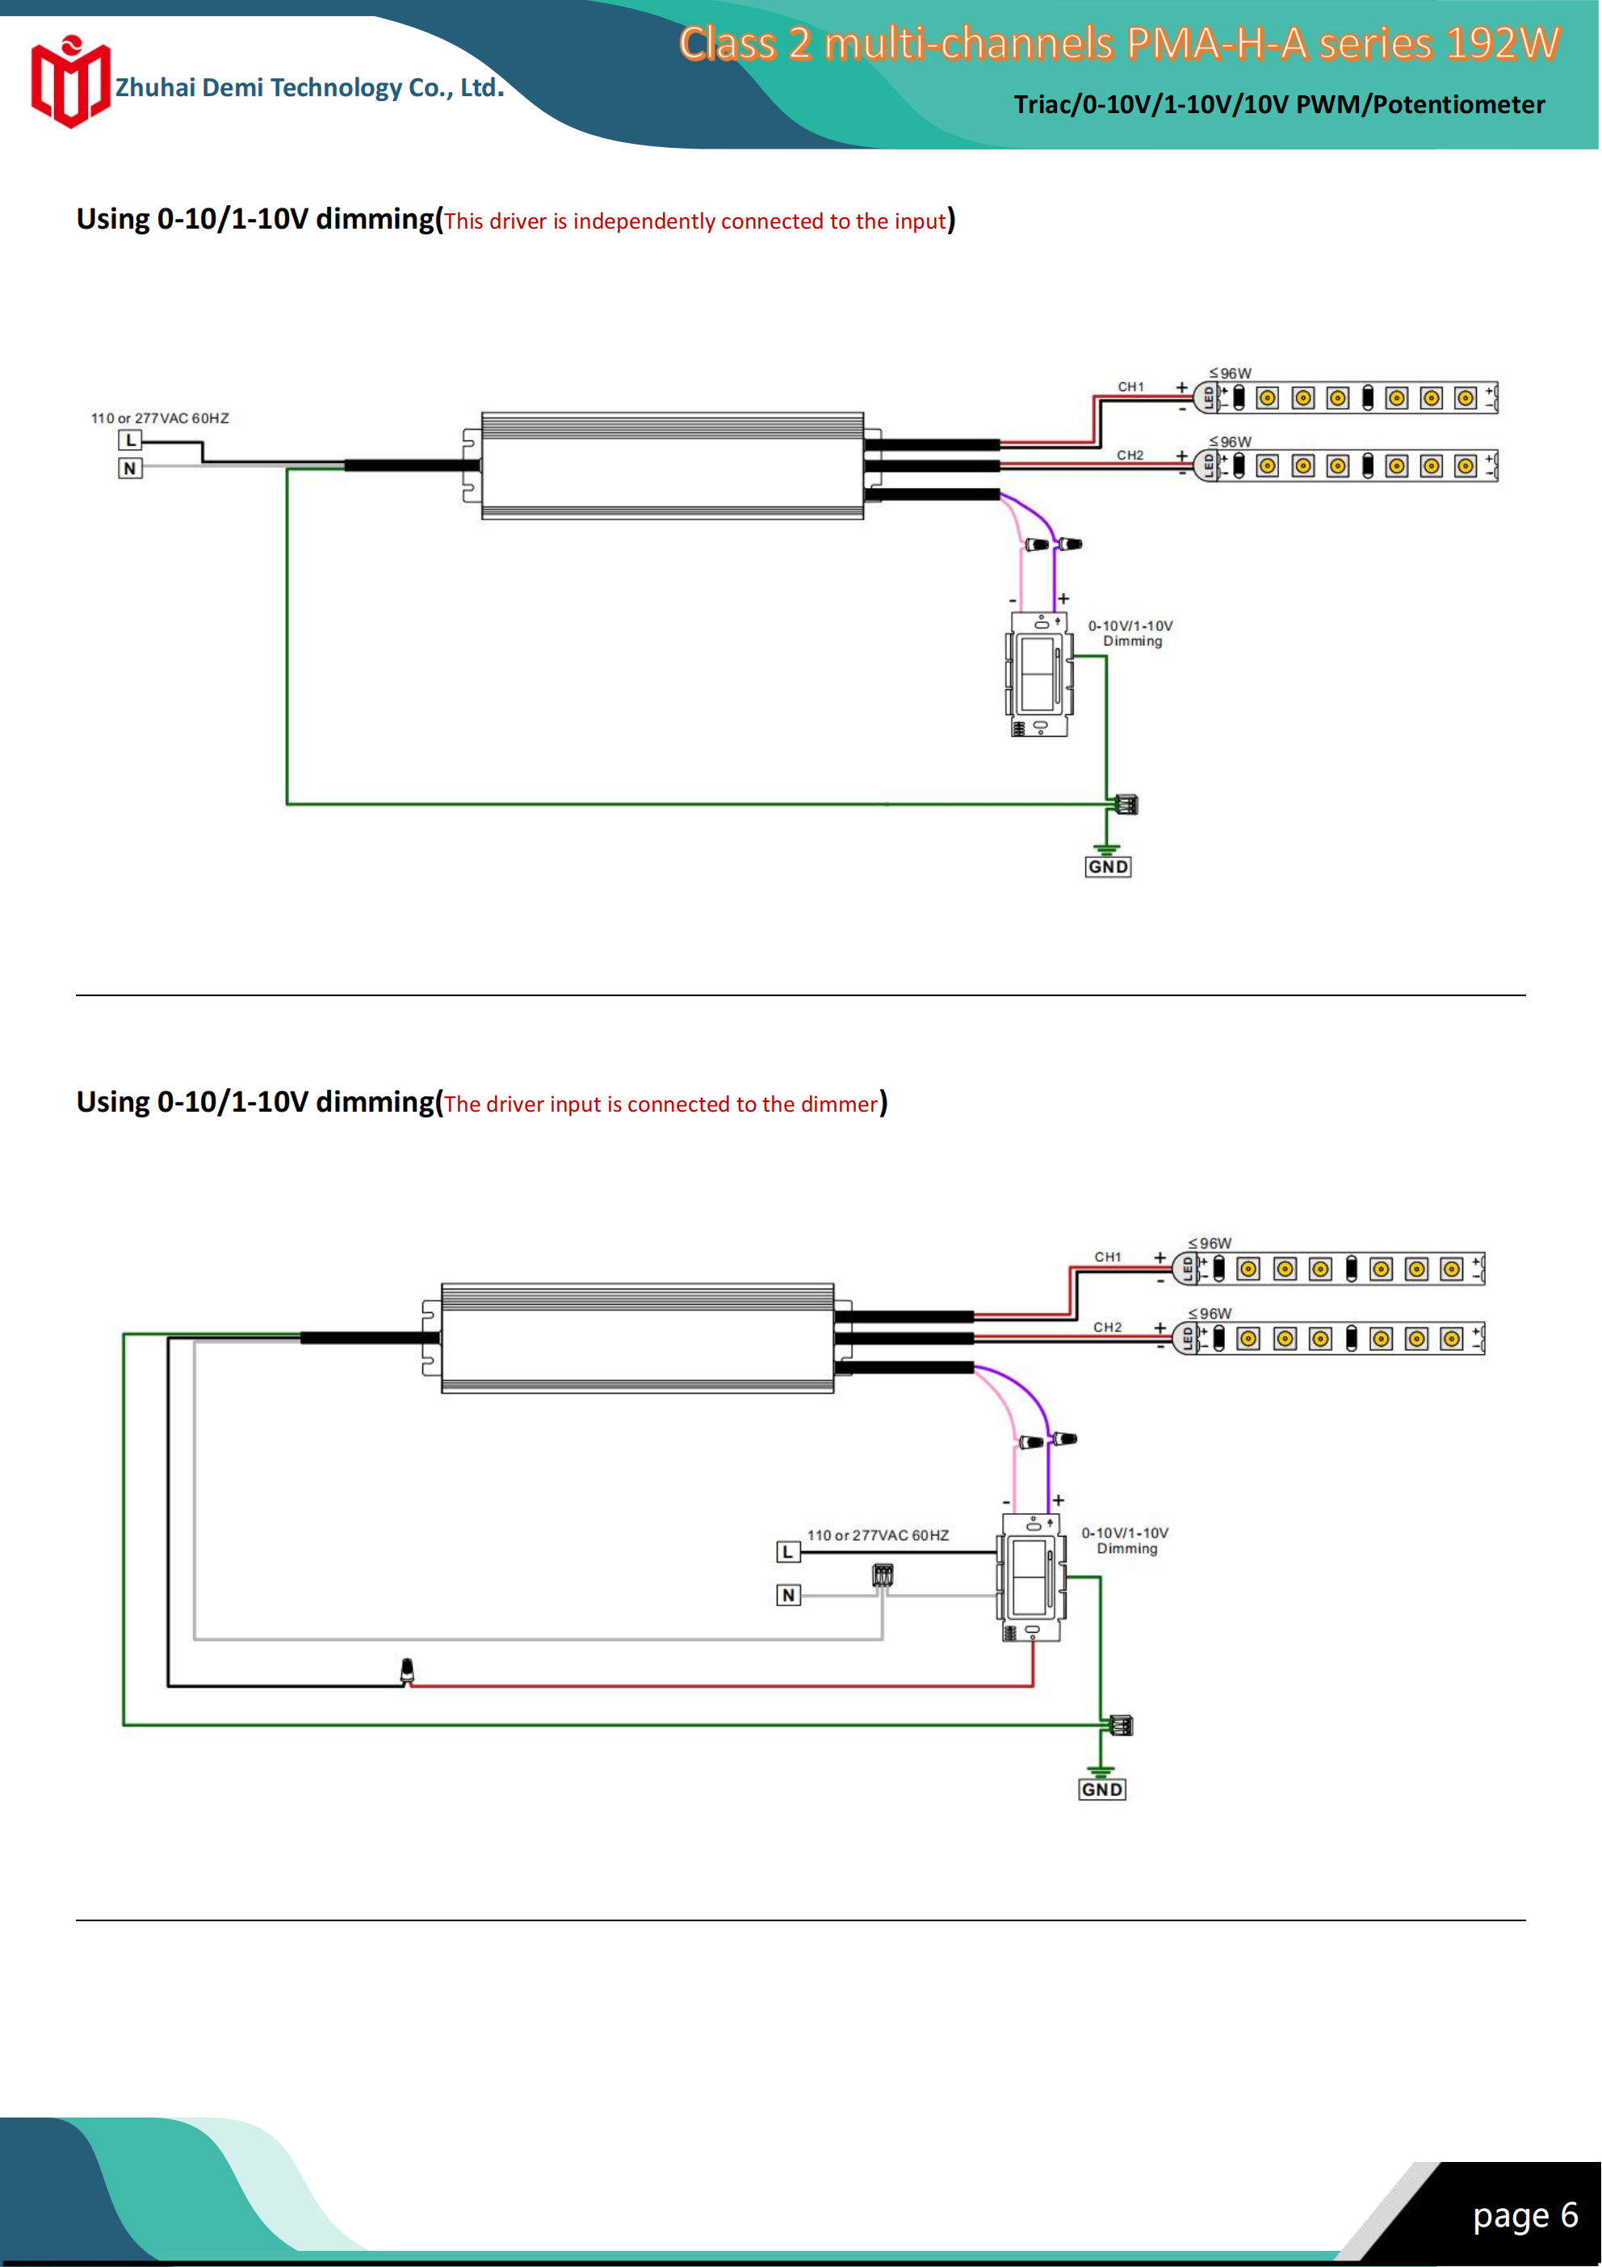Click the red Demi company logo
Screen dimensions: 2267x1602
[69, 84]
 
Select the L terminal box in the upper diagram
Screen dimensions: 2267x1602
[130, 440]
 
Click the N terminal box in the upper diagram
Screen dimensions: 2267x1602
[130, 468]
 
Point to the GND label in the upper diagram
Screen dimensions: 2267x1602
[1108, 867]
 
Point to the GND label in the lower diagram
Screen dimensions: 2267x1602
[1101, 1789]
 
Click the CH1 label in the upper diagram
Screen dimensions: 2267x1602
[1130, 387]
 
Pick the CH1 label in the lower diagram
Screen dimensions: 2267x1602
[1108, 1257]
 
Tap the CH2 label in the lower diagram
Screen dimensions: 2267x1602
[1108, 1327]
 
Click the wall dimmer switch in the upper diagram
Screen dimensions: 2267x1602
[1038, 675]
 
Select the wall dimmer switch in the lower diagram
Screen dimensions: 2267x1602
[1031, 1578]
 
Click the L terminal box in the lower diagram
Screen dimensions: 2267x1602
[787, 1552]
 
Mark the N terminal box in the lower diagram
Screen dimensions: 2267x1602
[787, 1595]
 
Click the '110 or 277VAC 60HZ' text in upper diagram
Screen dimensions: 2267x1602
[160, 418]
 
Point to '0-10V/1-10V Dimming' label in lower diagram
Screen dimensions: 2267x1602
[1126, 1541]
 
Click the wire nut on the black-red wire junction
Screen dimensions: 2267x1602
[407, 1671]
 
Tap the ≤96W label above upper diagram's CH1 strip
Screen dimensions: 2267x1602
[1230, 373]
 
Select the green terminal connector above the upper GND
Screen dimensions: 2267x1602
[1126, 805]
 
